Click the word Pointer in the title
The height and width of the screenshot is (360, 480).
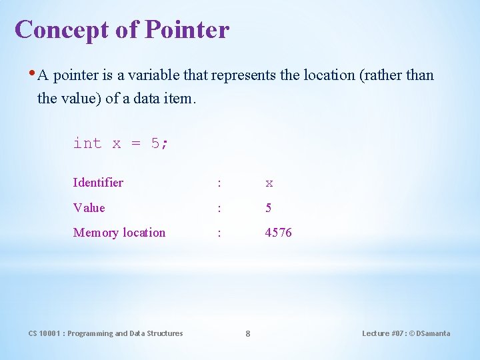coord(187,30)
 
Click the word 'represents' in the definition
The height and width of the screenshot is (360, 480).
coord(243,75)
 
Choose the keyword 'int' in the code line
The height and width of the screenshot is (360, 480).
coord(87,143)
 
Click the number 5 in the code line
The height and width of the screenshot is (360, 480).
coord(155,143)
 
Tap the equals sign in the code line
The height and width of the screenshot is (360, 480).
coord(135,144)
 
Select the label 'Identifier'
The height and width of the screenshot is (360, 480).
coord(98,183)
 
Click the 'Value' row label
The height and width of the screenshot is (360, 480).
coord(89,208)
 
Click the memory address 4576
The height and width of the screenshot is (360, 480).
coord(278,233)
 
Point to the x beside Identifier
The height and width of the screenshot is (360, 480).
coord(269,183)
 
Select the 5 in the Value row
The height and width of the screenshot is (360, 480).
coord(268,208)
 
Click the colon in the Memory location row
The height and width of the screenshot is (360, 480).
coord(219,233)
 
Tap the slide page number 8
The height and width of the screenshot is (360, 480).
coord(247,333)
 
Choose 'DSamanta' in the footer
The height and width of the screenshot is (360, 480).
coord(432,333)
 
